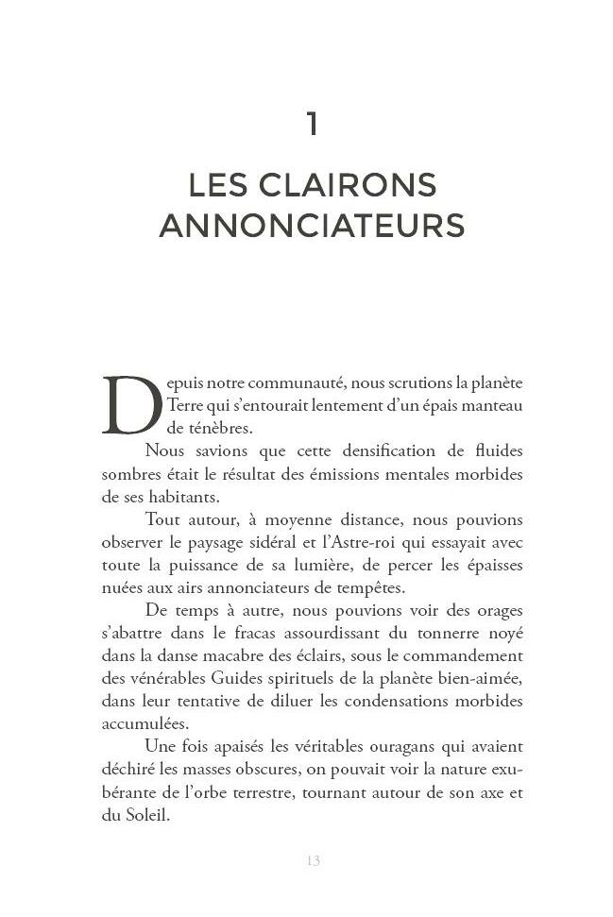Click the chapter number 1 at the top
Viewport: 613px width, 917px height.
click(x=312, y=124)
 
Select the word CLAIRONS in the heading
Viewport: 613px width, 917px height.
click(x=363, y=184)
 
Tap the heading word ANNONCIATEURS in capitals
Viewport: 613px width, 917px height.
click(x=312, y=227)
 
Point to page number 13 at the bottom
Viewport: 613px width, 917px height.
click(x=313, y=860)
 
